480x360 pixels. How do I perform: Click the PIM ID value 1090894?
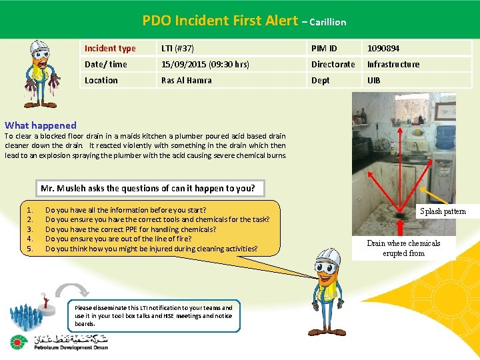pos(383,48)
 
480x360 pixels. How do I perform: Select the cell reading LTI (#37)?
pos(177,48)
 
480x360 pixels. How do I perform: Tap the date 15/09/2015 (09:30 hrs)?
pos(205,64)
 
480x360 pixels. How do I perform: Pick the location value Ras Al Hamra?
pos(187,80)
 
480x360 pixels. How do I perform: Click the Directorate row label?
pos(333,64)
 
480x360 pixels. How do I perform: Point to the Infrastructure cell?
pos(393,64)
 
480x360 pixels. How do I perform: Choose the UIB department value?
pos(374,80)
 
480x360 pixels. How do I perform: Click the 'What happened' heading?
pos(41,125)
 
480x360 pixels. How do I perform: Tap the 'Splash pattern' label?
pos(443,211)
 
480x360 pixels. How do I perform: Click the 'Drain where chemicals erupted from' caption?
pos(403,248)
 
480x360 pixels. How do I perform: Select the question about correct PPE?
pos(131,229)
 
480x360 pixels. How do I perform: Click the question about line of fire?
pos(119,239)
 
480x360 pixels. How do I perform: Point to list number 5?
pos(29,249)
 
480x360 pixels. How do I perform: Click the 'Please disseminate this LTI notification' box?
pos(153,316)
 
